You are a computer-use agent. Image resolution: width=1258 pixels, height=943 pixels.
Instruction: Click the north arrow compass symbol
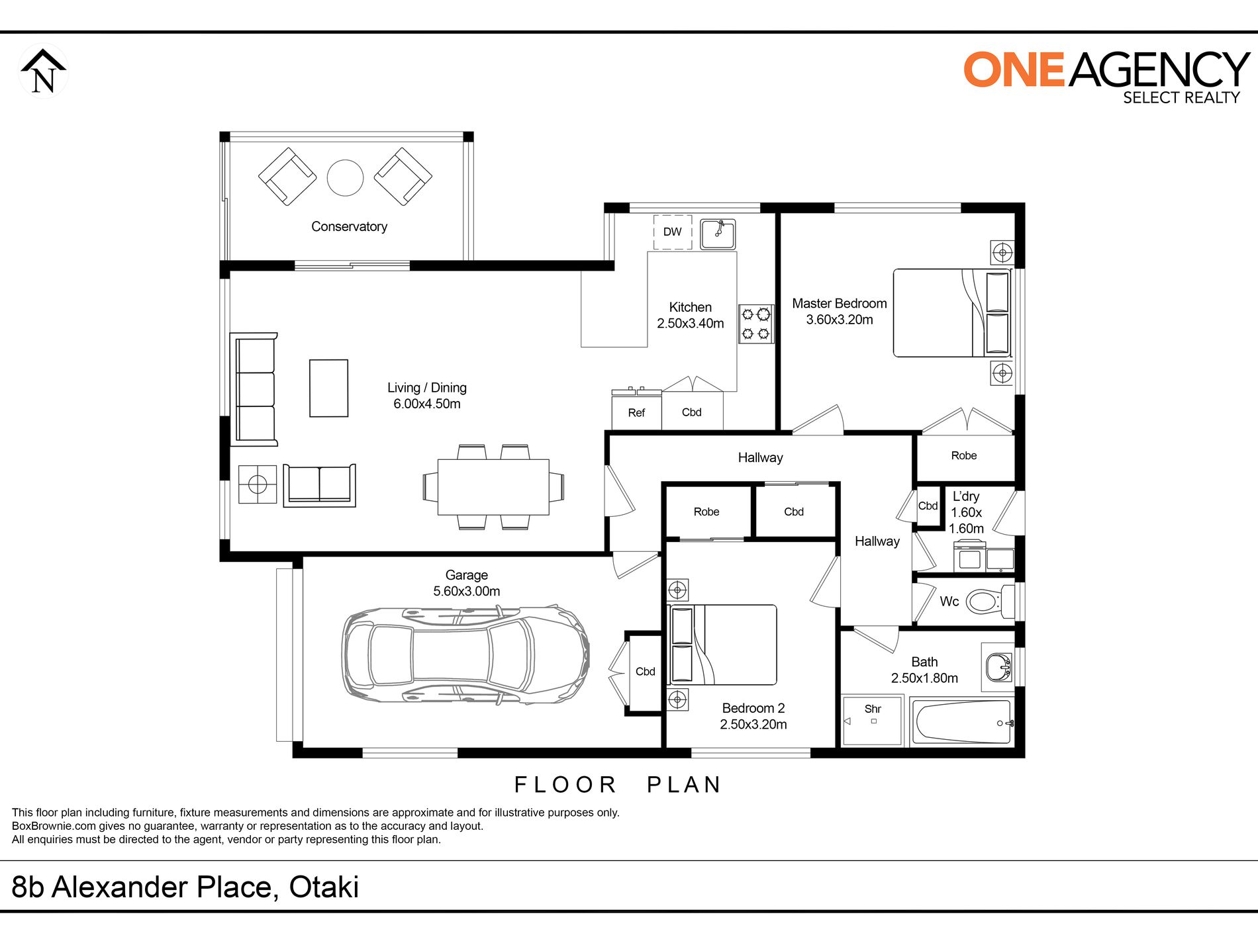(x=43, y=71)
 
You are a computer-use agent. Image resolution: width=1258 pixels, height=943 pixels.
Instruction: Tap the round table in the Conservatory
(x=345, y=177)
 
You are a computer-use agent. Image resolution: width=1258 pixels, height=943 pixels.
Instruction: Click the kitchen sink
(x=718, y=234)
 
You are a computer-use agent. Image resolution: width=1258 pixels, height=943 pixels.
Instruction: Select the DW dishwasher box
(x=673, y=232)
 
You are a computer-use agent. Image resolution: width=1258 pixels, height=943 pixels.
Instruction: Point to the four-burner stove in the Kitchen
(x=756, y=324)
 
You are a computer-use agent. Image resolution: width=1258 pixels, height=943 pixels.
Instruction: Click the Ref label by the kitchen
(x=636, y=413)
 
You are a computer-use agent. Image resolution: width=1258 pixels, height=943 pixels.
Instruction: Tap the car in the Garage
(x=466, y=655)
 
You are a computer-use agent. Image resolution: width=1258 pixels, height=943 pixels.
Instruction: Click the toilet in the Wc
(x=991, y=602)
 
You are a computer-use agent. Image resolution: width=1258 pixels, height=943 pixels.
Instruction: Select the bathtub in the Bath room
(x=962, y=722)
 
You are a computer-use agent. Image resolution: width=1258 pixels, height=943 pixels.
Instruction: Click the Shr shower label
(x=873, y=709)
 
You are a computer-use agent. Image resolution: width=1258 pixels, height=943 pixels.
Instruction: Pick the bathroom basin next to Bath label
(x=998, y=667)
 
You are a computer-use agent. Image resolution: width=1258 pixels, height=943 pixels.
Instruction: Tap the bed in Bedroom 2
(x=723, y=645)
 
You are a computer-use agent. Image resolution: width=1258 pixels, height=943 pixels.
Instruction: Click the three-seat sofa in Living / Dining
(x=254, y=389)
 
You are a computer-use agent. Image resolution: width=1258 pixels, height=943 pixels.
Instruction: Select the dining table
(x=493, y=487)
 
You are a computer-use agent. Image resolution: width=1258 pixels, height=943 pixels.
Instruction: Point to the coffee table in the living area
(x=329, y=388)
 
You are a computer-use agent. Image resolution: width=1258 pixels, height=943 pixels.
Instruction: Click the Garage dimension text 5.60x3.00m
(x=467, y=592)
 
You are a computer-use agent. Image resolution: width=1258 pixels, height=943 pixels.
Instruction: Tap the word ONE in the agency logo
(x=1014, y=69)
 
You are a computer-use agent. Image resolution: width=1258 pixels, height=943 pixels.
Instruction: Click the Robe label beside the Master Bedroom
(x=964, y=456)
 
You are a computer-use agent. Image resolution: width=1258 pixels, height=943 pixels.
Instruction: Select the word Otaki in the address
(x=324, y=887)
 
